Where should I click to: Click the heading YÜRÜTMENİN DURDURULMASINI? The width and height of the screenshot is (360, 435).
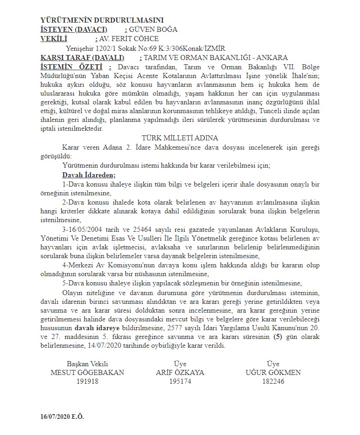tap(102, 20)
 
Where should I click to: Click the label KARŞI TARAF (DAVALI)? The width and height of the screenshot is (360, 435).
tap(83, 58)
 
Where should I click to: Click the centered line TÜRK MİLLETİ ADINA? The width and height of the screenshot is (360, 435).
tap(180, 138)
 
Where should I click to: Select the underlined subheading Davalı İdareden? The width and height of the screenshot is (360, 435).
tap(89, 175)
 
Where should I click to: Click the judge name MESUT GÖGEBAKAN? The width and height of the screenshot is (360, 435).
tap(87, 373)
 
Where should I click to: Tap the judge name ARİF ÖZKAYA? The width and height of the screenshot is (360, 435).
tap(180, 373)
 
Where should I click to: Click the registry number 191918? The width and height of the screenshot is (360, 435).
tap(87, 381)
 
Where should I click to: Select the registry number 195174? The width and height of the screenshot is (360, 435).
tap(180, 381)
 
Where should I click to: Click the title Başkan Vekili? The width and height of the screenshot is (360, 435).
tap(87, 364)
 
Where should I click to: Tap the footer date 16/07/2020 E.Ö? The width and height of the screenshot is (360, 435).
tap(62, 417)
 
